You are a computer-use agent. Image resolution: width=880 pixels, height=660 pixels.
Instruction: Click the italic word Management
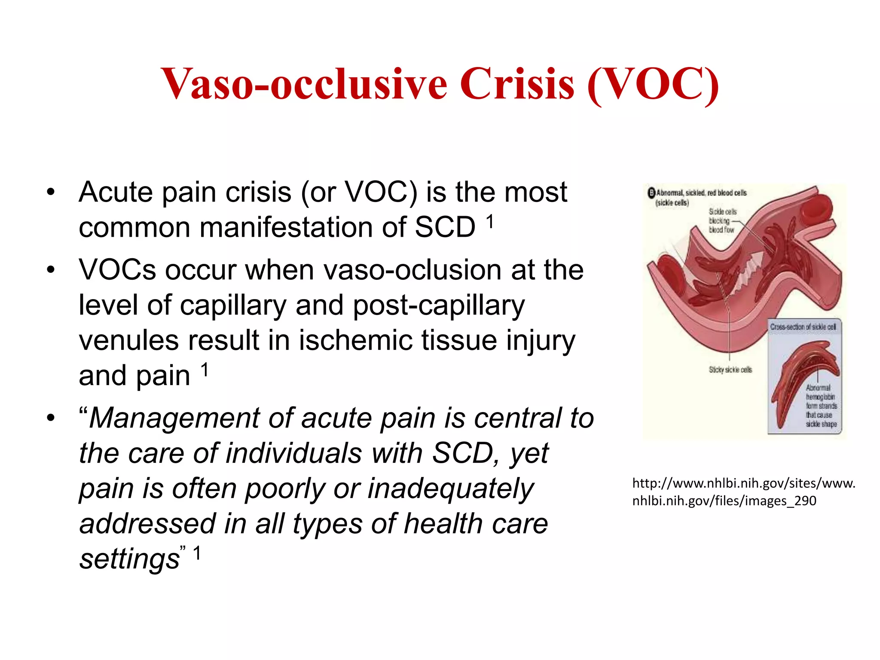(x=174, y=418)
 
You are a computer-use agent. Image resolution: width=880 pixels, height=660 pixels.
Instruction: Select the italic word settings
(x=129, y=559)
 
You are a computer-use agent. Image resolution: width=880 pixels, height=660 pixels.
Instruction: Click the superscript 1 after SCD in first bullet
(x=489, y=222)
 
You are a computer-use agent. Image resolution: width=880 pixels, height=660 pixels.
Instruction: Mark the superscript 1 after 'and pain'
(x=205, y=370)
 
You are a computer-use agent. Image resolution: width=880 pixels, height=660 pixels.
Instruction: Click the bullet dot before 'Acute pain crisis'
(x=51, y=192)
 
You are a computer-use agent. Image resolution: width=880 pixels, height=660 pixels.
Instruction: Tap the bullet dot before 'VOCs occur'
(x=51, y=270)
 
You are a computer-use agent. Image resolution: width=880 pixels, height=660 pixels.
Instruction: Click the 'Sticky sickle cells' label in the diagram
(x=730, y=370)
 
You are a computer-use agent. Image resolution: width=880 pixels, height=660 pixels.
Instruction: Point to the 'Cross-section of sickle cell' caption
(x=803, y=327)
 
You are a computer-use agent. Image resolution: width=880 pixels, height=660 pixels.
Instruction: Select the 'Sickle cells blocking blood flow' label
(x=722, y=221)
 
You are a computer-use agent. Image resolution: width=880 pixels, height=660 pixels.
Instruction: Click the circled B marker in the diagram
(x=651, y=193)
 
